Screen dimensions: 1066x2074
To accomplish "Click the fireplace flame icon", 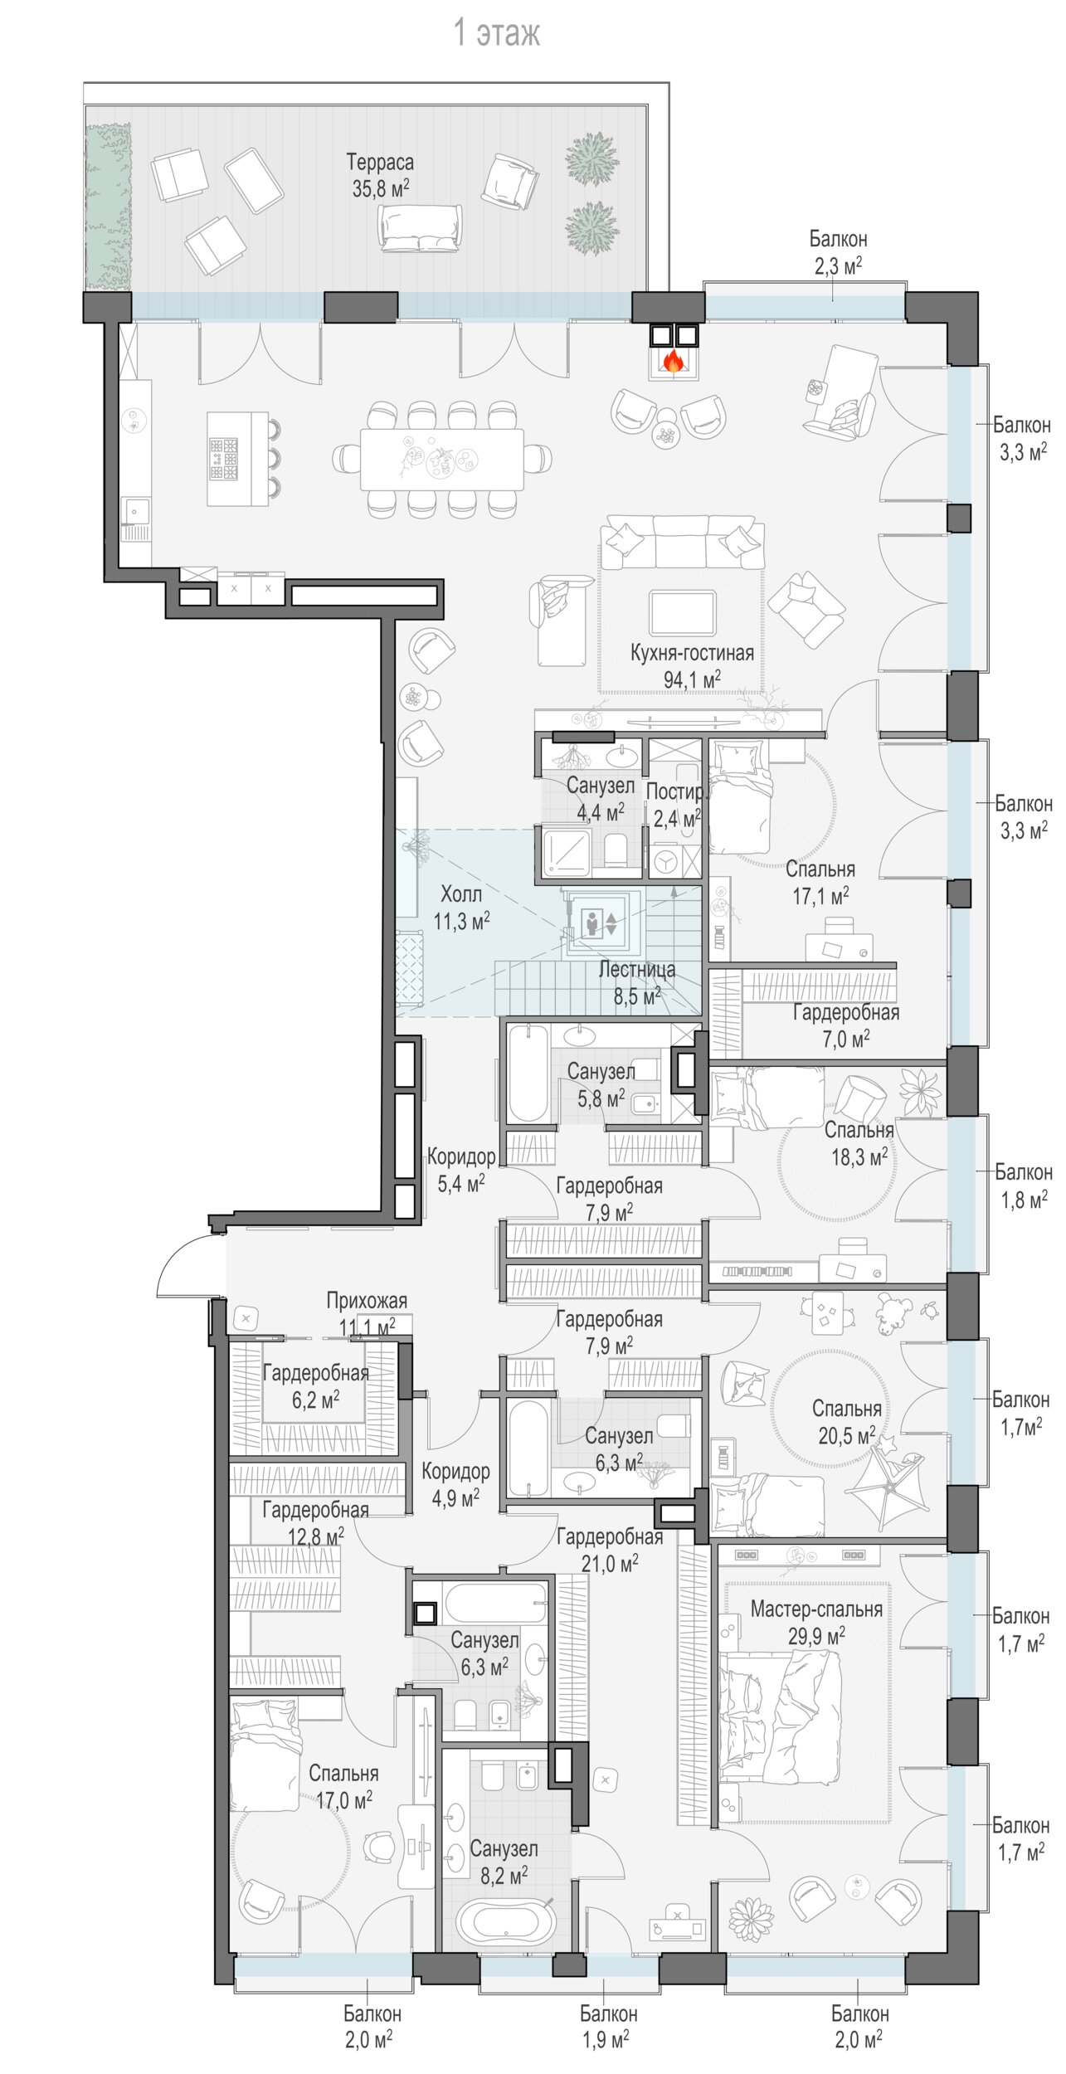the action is pyautogui.click(x=673, y=361).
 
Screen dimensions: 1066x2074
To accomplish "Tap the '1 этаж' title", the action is pyautogui.click(x=497, y=33).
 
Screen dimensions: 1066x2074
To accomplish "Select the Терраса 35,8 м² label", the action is pyautogui.click(x=380, y=175).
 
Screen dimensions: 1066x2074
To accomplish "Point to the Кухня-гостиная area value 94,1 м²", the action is pyautogui.click(x=692, y=680).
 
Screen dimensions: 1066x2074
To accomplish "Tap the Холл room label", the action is pyautogui.click(x=460, y=894).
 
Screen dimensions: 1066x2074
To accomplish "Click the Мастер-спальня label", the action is pyautogui.click(x=816, y=1609).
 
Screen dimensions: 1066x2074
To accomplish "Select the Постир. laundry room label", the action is pyautogui.click(x=677, y=791).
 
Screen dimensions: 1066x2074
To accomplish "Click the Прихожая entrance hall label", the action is pyautogui.click(x=367, y=1301).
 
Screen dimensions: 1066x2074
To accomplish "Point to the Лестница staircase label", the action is pyautogui.click(x=637, y=970).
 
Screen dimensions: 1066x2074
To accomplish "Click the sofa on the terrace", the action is pyautogui.click(x=419, y=226).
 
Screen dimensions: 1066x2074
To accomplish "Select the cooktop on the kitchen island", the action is pyautogui.click(x=224, y=458).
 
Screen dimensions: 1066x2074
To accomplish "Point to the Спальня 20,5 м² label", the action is pyautogui.click(x=846, y=1421).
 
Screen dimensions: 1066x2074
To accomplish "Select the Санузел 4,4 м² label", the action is pyautogui.click(x=601, y=798).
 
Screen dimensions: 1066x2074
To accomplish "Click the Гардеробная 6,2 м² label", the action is pyautogui.click(x=315, y=1386).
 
